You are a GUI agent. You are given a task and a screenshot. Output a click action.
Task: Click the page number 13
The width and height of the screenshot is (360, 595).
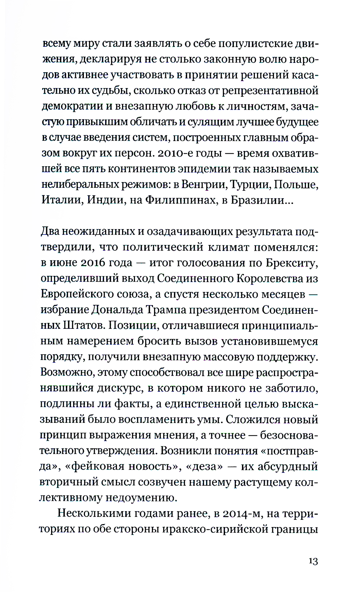(x=313, y=561)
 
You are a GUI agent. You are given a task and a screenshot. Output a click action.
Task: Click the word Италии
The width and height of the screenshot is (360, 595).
(x=62, y=200)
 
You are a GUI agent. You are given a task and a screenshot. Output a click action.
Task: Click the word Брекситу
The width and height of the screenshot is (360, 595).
(x=292, y=263)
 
